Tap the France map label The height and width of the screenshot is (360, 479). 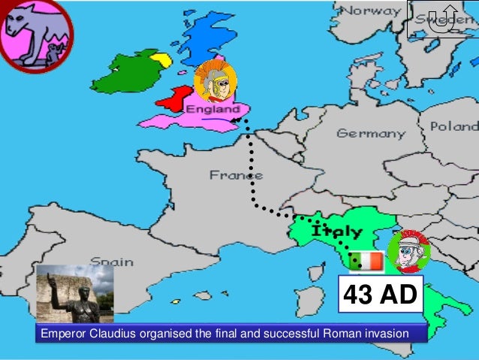point(236,175)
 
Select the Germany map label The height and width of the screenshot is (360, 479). point(370,133)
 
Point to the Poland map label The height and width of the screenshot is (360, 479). point(453,126)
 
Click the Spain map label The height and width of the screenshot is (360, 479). point(111,262)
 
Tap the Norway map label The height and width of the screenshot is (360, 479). point(372,11)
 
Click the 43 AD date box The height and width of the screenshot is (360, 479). point(379,295)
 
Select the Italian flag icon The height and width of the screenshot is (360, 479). point(366,261)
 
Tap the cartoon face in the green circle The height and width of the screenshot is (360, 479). point(408,252)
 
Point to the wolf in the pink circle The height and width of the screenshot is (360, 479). point(34,33)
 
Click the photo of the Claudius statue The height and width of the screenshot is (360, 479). point(74,294)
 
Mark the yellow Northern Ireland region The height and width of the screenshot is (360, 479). point(161,59)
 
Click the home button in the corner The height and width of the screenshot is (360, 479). point(442,19)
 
